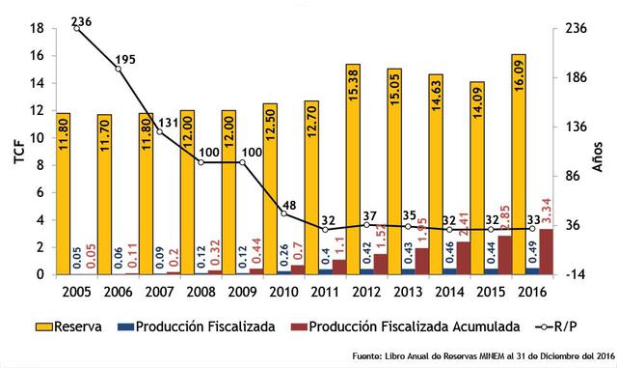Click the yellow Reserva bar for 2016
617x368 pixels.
point(518,164)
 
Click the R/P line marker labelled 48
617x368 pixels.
point(283,212)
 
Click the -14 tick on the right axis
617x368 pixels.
point(574,274)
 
